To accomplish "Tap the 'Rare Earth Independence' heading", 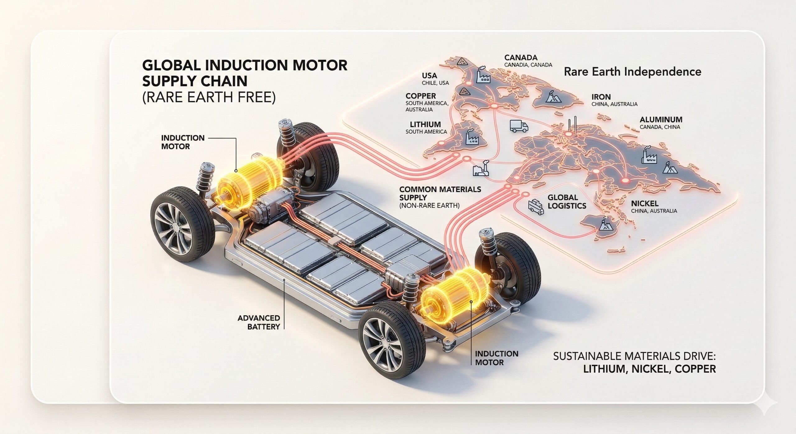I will click(x=632, y=72).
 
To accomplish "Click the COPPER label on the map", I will click(x=421, y=96).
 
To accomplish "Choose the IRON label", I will click(x=601, y=97).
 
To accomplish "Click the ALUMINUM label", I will click(x=661, y=119).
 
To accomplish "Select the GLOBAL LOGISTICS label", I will click(x=567, y=201).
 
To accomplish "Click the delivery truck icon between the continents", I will click(x=519, y=126).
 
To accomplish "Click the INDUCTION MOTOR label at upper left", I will click(x=183, y=142).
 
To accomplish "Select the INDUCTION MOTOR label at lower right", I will click(x=497, y=358).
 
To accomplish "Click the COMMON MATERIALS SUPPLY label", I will click(x=440, y=193).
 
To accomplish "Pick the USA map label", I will click(x=429, y=76).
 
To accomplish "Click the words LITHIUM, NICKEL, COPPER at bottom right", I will click(x=649, y=369).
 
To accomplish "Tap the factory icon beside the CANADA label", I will click(x=483, y=75).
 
